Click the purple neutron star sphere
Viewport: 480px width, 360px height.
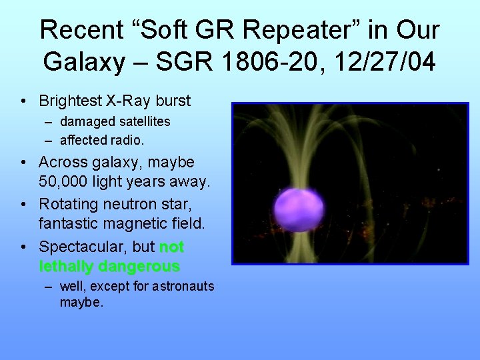tap(299, 209)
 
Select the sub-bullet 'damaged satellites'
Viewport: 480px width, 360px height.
tap(115, 121)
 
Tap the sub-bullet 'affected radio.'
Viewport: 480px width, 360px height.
tap(102, 140)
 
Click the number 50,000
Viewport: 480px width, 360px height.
tap(69, 182)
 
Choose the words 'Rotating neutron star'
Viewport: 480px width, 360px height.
tap(114, 203)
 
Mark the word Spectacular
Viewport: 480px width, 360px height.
tap(83, 247)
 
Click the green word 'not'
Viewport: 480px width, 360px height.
tap(171, 247)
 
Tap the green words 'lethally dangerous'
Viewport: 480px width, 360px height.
tap(109, 267)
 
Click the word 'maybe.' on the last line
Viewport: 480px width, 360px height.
tap(81, 303)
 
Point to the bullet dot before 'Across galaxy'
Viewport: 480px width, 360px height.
tap(24, 163)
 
